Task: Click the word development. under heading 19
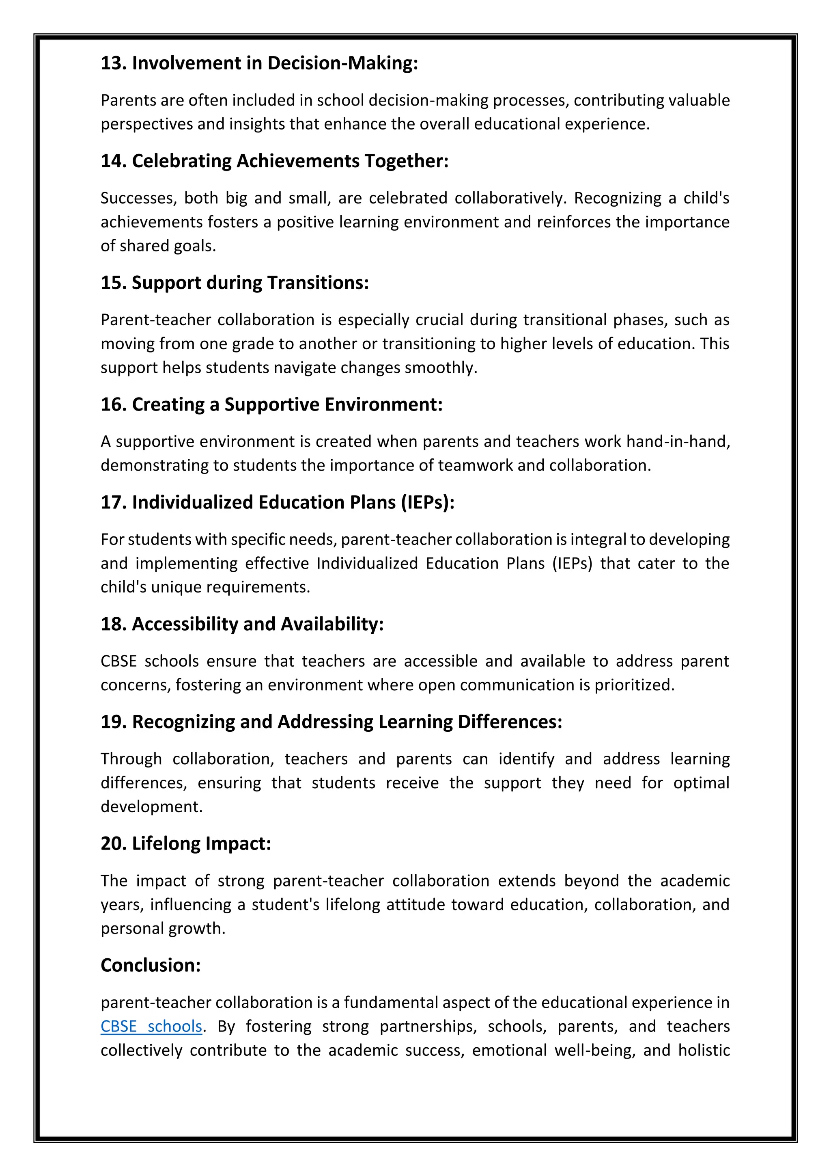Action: click(x=151, y=807)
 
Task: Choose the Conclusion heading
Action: click(x=151, y=966)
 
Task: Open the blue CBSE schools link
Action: click(x=151, y=1027)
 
